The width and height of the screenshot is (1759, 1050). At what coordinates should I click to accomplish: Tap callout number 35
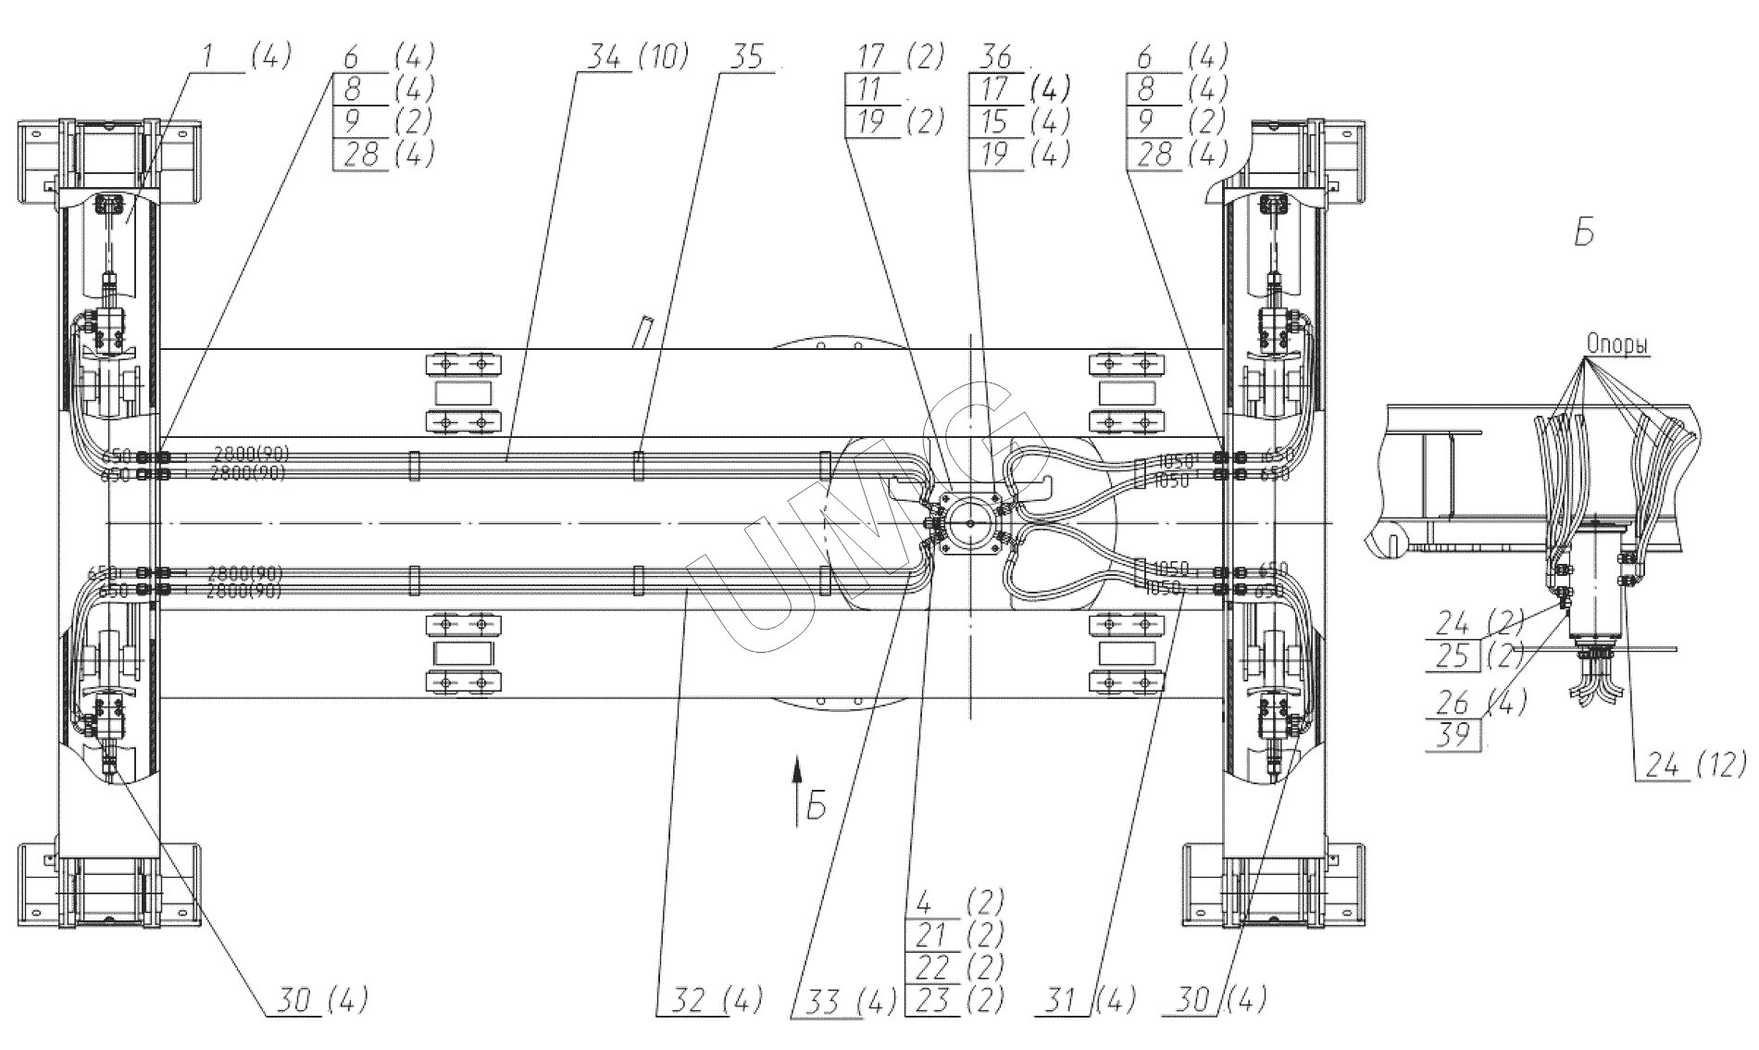click(745, 57)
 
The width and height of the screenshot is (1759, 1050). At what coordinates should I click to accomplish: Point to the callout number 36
click(995, 57)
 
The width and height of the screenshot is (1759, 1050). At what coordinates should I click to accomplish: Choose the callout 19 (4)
click(1019, 154)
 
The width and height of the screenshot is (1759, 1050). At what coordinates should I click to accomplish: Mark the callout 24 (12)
click(1689, 764)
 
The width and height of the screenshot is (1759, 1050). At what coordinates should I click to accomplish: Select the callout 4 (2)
click(957, 901)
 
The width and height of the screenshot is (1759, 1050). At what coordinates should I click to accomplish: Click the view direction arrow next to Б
click(794, 788)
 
